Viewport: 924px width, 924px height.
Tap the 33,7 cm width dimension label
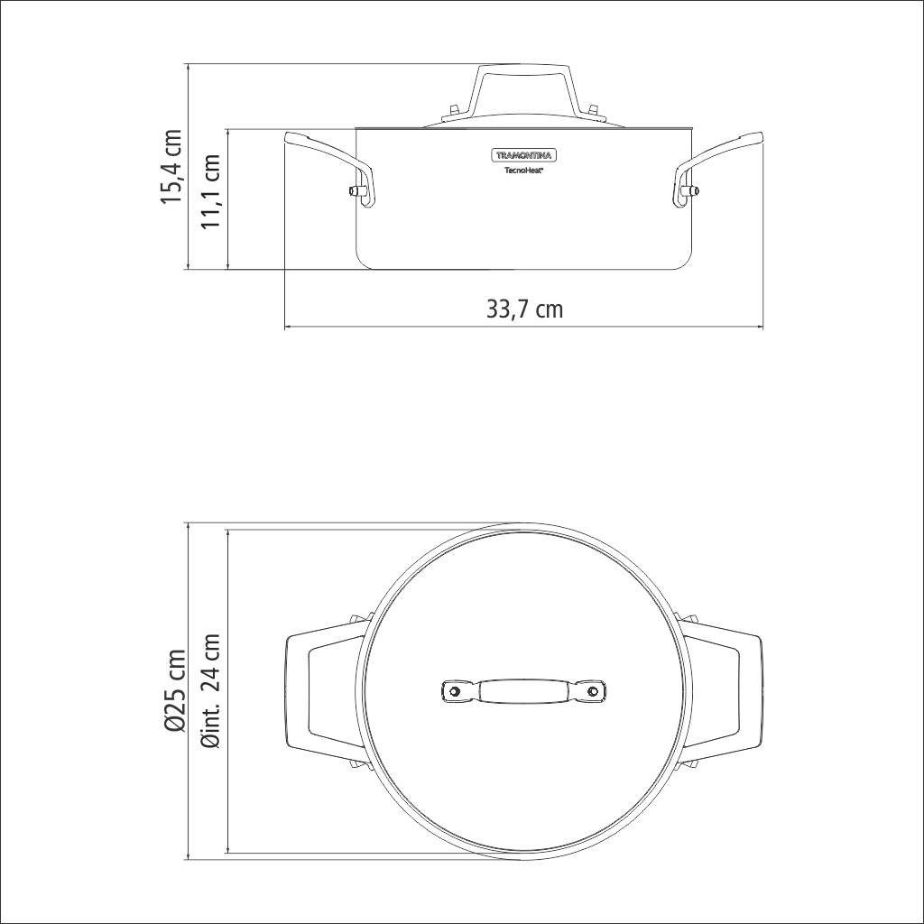coord(524,310)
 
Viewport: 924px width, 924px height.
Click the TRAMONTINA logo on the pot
coord(523,153)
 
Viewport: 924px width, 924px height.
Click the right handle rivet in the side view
coord(693,190)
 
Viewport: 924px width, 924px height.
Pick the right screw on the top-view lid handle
coord(593,691)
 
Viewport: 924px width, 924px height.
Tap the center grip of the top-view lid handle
coord(523,691)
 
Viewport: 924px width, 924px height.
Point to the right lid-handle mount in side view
coord(593,112)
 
